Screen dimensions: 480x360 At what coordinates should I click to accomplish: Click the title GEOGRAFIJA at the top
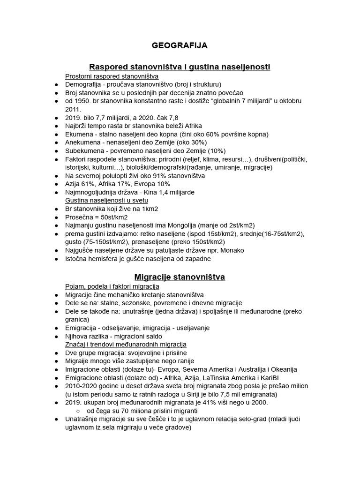[180, 46]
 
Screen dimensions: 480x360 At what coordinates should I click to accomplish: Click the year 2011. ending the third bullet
[74, 109]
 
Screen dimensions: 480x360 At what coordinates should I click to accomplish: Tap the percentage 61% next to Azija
[90, 184]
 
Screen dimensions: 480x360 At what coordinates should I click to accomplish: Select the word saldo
[152, 336]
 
